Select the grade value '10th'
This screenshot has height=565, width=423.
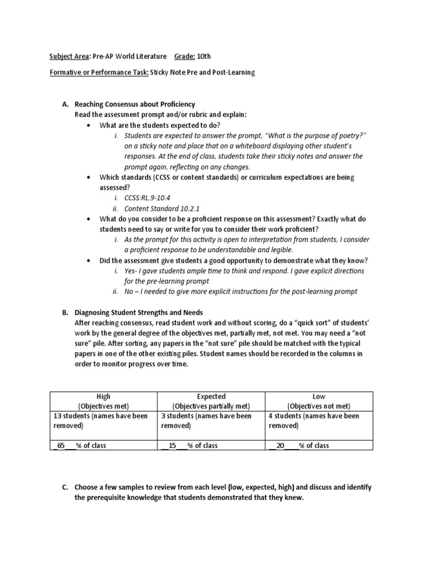pyautogui.click(x=203, y=56)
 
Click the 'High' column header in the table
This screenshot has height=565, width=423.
pyautogui.click(x=104, y=396)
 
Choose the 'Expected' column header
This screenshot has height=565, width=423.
pyautogui.click(x=211, y=396)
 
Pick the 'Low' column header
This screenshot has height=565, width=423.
pyautogui.click(x=318, y=396)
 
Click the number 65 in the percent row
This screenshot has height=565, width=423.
pyautogui.click(x=61, y=445)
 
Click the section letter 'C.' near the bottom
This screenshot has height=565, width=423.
pyautogui.click(x=65, y=487)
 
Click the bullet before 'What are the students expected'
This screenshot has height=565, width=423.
pyautogui.click(x=89, y=125)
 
